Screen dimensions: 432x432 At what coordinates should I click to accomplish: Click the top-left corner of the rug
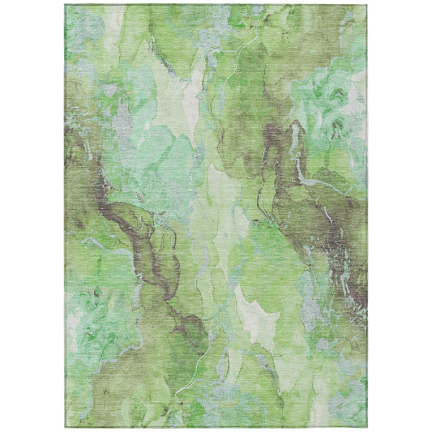point(66,5)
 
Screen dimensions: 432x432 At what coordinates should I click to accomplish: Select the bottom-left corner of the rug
point(66,427)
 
